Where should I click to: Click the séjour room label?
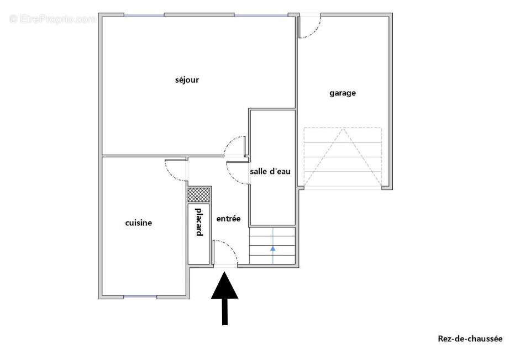(x=187, y=80)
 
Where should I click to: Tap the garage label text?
(x=343, y=93)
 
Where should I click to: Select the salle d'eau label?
(x=270, y=172)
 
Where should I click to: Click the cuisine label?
(x=139, y=223)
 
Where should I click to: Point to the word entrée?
(x=228, y=219)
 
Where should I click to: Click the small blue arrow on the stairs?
(x=272, y=248)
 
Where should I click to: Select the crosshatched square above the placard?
(x=199, y=194)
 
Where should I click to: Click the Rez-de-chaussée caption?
(x=470, y=339)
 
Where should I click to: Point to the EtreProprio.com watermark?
(x=52, y=19)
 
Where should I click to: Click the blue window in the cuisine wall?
(x=140, y=297)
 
